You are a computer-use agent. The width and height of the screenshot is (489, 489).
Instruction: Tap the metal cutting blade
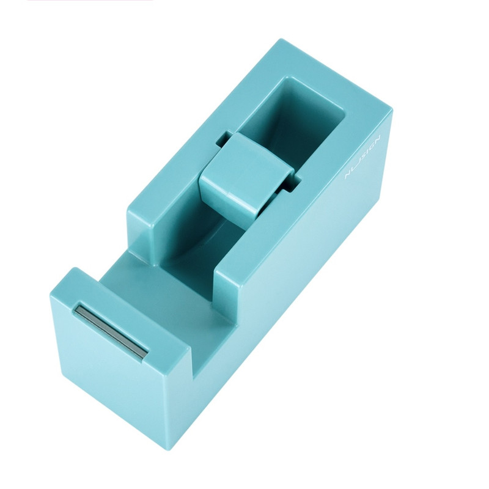[x=111, y=331]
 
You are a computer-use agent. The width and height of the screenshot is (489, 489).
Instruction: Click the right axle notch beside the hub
[x=295, y=182]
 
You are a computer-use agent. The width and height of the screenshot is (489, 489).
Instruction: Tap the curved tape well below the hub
[x=211, y=235]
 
